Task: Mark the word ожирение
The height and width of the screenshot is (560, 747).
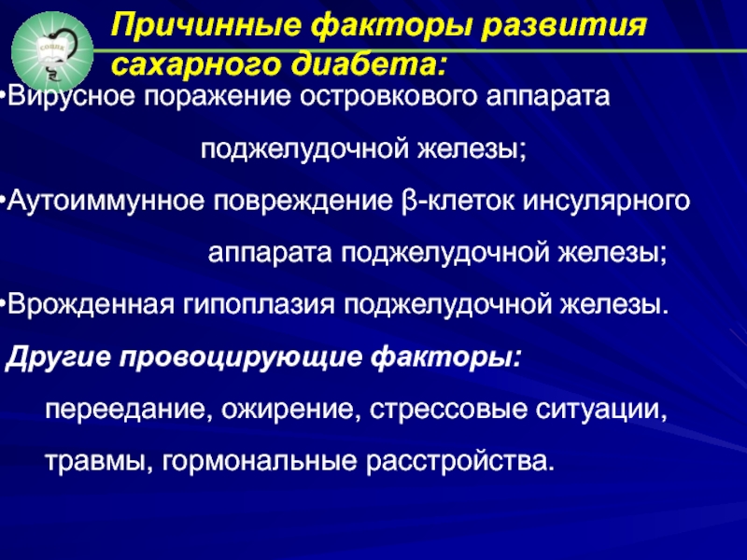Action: tap(289, 410)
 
